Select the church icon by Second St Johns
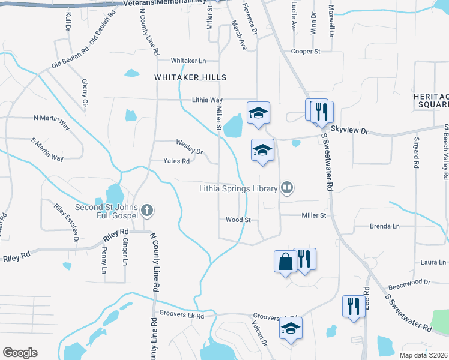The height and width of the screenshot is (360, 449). point(148,211)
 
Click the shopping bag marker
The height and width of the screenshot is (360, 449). point(285,261)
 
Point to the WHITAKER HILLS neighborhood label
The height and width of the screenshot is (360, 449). point(190,77)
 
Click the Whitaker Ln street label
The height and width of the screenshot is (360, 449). point(188,61)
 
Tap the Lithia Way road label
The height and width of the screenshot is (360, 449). point(207,100)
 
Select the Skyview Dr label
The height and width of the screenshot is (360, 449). point(349,130)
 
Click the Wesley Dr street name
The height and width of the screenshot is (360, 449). point(190,144)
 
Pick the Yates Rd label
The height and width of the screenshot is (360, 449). point(177,161)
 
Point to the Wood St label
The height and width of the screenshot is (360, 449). point(238,220)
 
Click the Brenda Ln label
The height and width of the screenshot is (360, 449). point(384,226)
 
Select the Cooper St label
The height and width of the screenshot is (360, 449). point(305,52)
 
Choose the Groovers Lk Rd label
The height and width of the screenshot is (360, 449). point(182,315)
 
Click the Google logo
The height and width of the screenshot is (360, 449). point(20,353)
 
